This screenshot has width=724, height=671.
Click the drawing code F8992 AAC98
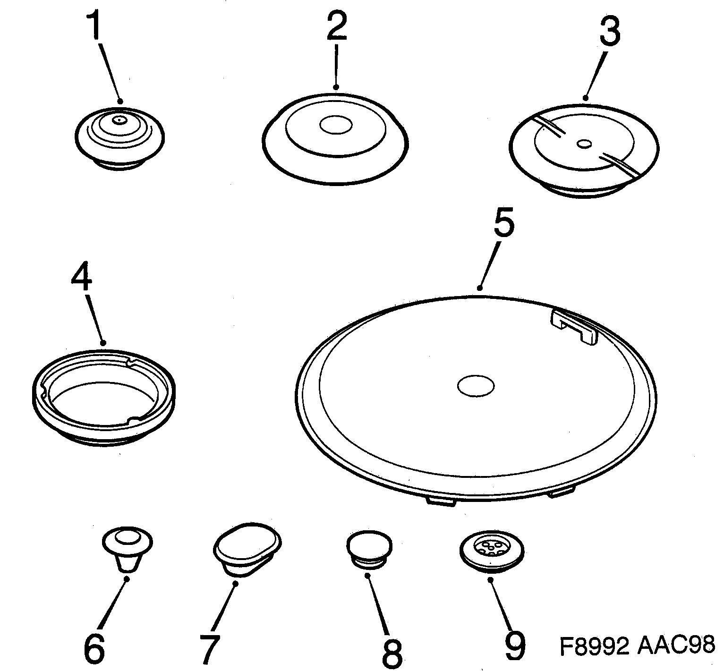point(637,645)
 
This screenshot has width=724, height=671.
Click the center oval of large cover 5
point(475,385)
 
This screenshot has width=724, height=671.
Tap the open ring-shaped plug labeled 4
point(105,395)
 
